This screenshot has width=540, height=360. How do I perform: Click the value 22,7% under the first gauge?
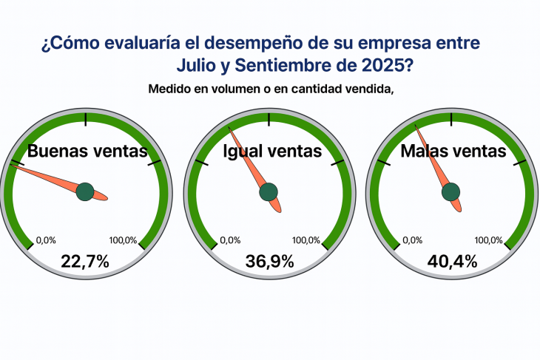click(x=85, y=260)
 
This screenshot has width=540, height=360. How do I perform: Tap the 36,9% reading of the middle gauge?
click(x=269, y=260)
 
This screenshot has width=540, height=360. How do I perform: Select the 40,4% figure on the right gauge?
click(x=452, y=260)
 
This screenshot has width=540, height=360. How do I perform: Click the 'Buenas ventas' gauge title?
click(x=87, y=152)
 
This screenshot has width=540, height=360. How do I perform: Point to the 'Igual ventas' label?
click(x=272, y=152)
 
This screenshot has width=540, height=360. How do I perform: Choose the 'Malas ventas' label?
click(x=453, y=152)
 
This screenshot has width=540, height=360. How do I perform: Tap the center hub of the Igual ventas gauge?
click(x=269, y=192)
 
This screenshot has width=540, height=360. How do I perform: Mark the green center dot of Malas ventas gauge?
click(x=451, y=192)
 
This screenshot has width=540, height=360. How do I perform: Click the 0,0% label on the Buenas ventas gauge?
click(x=46, y=240)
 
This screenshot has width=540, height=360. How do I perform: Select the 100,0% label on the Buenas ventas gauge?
click(x=123, y=240)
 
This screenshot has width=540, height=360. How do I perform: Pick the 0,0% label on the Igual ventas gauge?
click(x=230, y=240)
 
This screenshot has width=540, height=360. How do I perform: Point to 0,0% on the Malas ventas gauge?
click(x=413, y=240)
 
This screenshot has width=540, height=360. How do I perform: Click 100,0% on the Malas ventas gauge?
click(x=488, y=240)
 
